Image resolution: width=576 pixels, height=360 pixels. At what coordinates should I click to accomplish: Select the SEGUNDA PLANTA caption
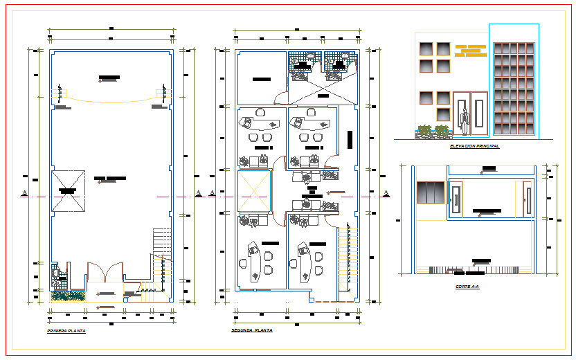click(252, 331)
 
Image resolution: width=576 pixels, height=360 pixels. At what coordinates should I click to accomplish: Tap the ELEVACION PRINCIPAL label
click(474, 147)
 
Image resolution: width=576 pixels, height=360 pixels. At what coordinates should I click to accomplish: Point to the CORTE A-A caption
click(467, 286)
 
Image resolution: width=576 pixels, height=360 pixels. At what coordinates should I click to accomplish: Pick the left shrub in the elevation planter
click(422, 129)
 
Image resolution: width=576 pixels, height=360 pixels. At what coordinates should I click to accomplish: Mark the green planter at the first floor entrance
click(68, 296)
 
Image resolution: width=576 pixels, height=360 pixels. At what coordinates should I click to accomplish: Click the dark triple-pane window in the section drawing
click(430, 192)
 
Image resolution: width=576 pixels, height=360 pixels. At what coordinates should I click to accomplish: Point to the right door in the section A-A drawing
click(528, 199)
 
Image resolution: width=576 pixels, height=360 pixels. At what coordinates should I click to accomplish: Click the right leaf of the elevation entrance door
click(479, 114)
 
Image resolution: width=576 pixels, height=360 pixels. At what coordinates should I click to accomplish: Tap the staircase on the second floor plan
click(347, 260)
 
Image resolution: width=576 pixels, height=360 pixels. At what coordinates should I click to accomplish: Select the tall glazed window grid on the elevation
click(514, 89)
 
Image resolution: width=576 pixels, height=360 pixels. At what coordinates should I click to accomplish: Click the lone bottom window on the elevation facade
click(442, 115)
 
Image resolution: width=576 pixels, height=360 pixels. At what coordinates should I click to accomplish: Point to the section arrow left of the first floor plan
click(25, 193)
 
